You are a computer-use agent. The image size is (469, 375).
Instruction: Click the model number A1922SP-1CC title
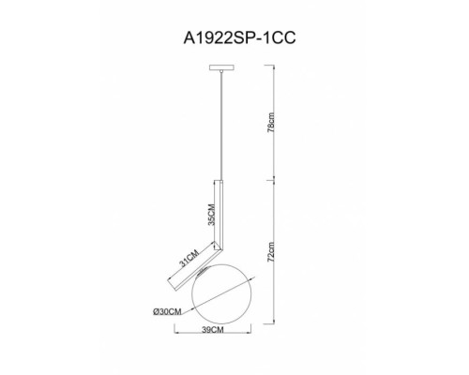pyautogui.click(x=239, y=38)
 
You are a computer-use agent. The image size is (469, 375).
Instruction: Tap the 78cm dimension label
pyautogui.click(x=271, y=123)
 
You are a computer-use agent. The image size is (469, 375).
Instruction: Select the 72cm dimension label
pyautogui.click(x=271, y=252)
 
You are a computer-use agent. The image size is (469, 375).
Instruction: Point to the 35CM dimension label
pyautogui.click(x=211, y=215)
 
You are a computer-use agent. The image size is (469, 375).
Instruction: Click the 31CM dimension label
pyautogui.click(x=189, y=258)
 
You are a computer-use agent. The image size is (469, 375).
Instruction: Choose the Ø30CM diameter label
pyautogui.click(x=167, y=311)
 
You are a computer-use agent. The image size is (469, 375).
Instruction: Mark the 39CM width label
pyautogui.click(x=213, y=329)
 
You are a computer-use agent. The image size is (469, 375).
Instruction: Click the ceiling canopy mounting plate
pyautogui.click(x=221, y=67)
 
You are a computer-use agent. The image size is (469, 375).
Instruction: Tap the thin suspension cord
pyautogui.click(x=221, y=126)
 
